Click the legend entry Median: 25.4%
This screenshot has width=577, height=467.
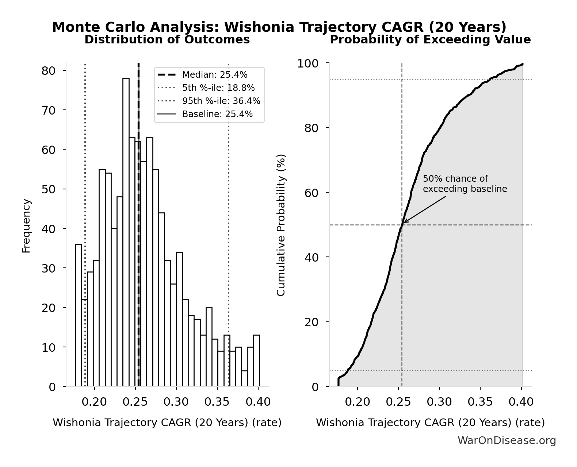pyautogui.click(x=215, y=75)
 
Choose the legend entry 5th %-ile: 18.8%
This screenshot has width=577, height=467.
pyautogui.click(x=218, y=88)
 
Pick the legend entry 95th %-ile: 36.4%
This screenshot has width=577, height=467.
pyautogui.click(x=221, y=101)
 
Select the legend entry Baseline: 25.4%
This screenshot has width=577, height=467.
pyautogui.click(x=217, y=114)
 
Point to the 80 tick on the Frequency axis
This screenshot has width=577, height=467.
pyautogui.click(x=49, y=70)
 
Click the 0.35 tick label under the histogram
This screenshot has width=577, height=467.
pyautogui.click(x=217, y=402)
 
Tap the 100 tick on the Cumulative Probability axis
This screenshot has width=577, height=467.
pyautogui.click(x=307, y=63)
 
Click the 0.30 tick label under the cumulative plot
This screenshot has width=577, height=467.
pyautogui.click(x=439, y=402)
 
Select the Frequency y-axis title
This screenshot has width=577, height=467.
pyautogui.click(x=26, y=225)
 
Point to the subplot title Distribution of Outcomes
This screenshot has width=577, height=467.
pyautogui.click(x=167, y=40)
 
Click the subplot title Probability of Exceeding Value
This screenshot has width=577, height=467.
pyautogui.click(x=430, y=40)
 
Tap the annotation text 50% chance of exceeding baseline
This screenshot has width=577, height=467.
pyautogui.click(x=465, y=184)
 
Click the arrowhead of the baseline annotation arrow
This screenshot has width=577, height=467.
pyautogui.click(x=404, y=222)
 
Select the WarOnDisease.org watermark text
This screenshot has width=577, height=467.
pyautogui.click(x=507, y=441)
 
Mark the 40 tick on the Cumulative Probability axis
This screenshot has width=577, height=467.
pyautogui.click(x=312, y=257)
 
